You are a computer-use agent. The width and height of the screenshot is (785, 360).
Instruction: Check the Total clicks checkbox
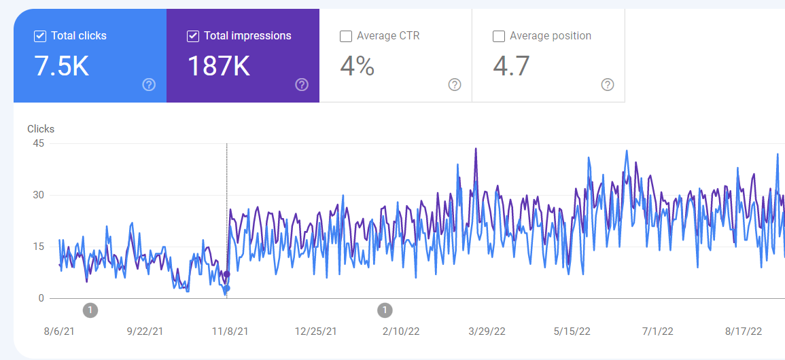pyautogui.click(x=40, y=36)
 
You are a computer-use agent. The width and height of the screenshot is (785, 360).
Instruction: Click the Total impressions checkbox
pyautogui.click(x=193, y=36)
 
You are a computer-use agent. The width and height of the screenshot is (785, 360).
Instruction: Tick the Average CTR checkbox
pyautogui.click(x=346, y=37)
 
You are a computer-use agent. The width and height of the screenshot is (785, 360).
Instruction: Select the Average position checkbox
pyautogui.click(x=499, y=37)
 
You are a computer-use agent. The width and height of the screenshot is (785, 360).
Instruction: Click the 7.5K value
pyautogui.click(x=61, y=66)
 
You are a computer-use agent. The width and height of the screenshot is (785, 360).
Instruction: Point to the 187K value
pyautogui.click(x=218, y=66)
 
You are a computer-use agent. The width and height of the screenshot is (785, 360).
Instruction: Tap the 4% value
pyautogui.click(x=357, y=66)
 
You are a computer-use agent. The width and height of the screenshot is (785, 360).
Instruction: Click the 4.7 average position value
pyautogui.click(x=511, y=66)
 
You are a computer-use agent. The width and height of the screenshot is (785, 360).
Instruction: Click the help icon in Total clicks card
pyautogui.click(x=149, y=85)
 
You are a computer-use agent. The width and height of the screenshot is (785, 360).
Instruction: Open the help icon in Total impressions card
pyautogui.click(x=302, y=85)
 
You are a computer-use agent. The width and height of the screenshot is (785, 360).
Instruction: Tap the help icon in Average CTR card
pyautogui.click(x=455, y=85)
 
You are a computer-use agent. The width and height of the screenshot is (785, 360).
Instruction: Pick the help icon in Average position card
pyautogui.click(x=608, y=85)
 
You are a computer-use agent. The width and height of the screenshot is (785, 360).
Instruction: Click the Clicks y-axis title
pyautogui.click(x=41, y=129)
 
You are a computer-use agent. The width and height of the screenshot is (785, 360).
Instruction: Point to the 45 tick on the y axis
pyautogui.click(x=38, y=143)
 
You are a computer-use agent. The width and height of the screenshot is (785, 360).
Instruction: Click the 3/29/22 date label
pyautogui.click(x=487, y=331)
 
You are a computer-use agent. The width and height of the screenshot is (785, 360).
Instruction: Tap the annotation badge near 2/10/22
pyautogui.click(x=385, y=310)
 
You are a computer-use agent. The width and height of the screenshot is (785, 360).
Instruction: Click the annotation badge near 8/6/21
pyautogui.click(x=90, y=310)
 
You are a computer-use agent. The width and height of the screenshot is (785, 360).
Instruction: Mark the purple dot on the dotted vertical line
pyautogui.click(x=227, y=274)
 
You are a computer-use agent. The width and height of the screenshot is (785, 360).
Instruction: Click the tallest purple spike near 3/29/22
pyautogui.click(x=476, y=149)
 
